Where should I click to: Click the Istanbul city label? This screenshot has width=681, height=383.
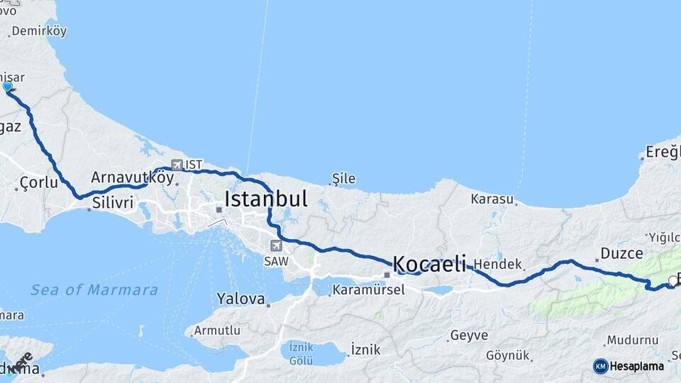pos(266,199)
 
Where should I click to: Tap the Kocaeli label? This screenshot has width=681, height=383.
pos(430,265)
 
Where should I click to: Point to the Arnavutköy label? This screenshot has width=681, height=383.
pos(132,177)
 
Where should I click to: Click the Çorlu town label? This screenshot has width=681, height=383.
pos(38,182)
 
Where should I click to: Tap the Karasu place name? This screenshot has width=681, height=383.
pos(492,199)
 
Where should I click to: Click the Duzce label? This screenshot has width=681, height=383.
pos(621,253)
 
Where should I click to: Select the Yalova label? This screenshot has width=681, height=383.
pos(240,298)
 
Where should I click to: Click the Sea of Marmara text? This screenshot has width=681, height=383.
pos(94,289)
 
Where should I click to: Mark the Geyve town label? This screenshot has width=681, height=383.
pos(469,335)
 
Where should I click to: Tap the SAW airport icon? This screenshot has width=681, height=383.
pos(275,246)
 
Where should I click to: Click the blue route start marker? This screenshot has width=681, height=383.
pos(8,87)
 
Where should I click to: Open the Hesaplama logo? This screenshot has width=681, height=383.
pos(629,366)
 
